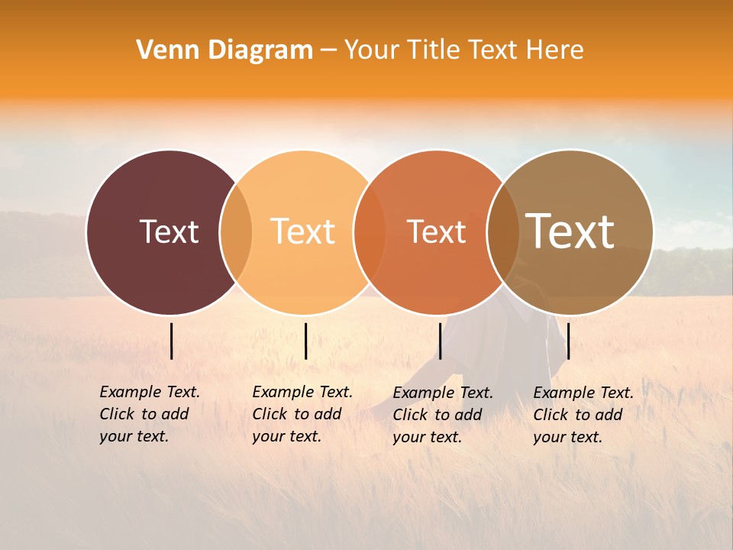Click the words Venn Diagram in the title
coord(224,50)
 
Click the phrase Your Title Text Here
coord(463,50)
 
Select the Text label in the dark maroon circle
coord(169,231)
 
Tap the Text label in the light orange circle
coord(302,231)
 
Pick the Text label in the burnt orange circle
coord(436,231)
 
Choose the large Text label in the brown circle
coord(570,231)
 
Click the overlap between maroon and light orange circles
coord(236,231)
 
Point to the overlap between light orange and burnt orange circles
coord(369,231)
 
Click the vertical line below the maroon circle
coord(172,341)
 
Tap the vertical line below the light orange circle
coord(305,341)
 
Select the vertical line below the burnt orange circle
coord(440,341)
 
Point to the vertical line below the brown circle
coord(568,341)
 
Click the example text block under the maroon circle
coord(149,414)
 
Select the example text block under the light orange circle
coord(302,414)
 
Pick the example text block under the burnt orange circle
coord(442,415)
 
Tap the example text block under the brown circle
coord(583,415)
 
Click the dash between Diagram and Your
coord(328,50)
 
